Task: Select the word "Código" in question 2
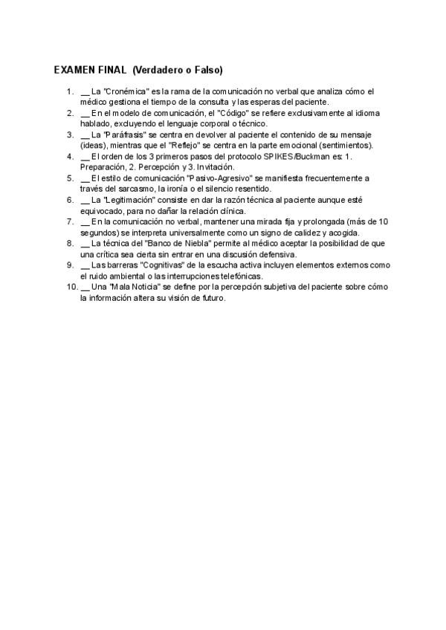click(233, 113)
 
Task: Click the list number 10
click(71, 286)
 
